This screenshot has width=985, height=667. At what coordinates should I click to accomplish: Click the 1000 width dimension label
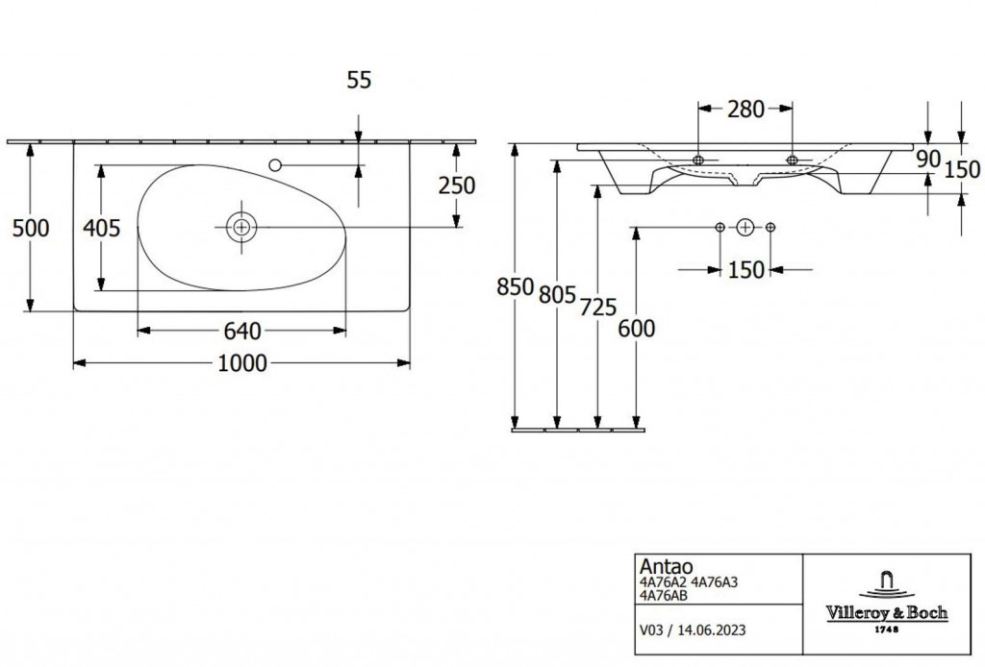242,363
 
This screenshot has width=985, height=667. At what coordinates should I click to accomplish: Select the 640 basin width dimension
242,331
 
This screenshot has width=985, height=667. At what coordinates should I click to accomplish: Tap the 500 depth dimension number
31,229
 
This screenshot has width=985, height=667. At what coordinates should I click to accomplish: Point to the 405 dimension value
102,229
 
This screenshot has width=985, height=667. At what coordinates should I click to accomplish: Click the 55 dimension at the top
360,80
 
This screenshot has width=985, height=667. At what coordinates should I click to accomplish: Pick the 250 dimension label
457,185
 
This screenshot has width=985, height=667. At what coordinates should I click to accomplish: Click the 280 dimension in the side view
745,110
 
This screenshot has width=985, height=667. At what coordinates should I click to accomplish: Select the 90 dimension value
927,159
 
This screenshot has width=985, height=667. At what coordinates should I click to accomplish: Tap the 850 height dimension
516,286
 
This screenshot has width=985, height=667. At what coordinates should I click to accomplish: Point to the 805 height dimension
557,294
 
